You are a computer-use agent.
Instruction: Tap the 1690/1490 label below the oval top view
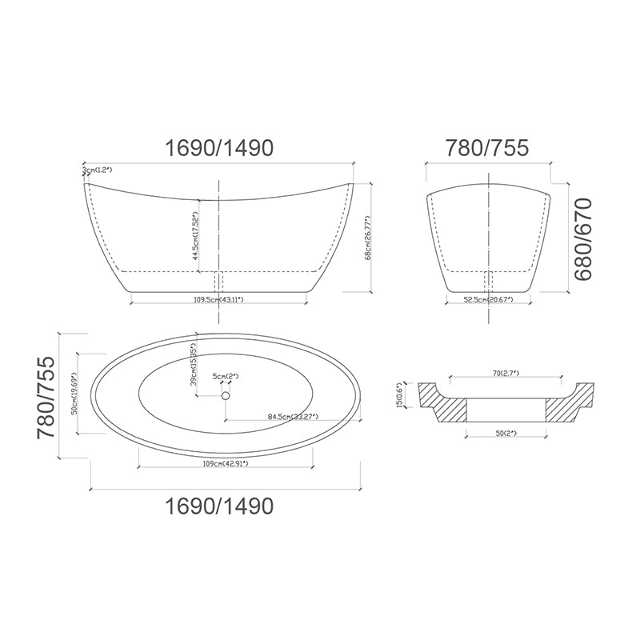pos(218,506)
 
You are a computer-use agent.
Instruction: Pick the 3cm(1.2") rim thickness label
pos(98,170)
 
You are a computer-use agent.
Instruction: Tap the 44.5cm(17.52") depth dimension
pos(195,236)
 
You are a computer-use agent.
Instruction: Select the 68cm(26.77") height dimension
pos(367,238)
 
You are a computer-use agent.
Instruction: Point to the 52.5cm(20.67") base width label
pos(488,299)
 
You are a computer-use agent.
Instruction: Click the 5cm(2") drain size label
pos(226,376)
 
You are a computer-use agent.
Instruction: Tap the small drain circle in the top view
pos(226,395)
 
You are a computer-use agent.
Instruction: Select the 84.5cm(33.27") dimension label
pos(292,417)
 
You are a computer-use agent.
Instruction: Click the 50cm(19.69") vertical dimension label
pos(74,393)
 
